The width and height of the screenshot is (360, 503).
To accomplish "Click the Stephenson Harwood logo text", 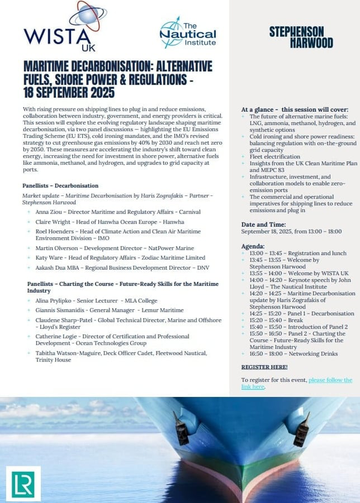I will [296, 37].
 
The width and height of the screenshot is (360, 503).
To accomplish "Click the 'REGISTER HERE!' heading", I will [264, 366].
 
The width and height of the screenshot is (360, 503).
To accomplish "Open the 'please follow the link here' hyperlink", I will [296, 383].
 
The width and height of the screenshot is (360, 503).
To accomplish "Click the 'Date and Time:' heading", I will [265, 223].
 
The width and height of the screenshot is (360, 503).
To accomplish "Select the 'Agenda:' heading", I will [253, 246].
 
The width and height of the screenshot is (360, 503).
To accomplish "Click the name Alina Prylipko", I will [56, 300].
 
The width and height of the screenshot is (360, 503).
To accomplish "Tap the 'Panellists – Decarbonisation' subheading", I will [61, 186].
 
